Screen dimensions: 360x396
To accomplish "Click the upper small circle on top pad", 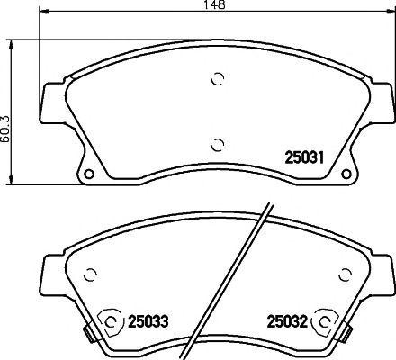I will tap(216, 79).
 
